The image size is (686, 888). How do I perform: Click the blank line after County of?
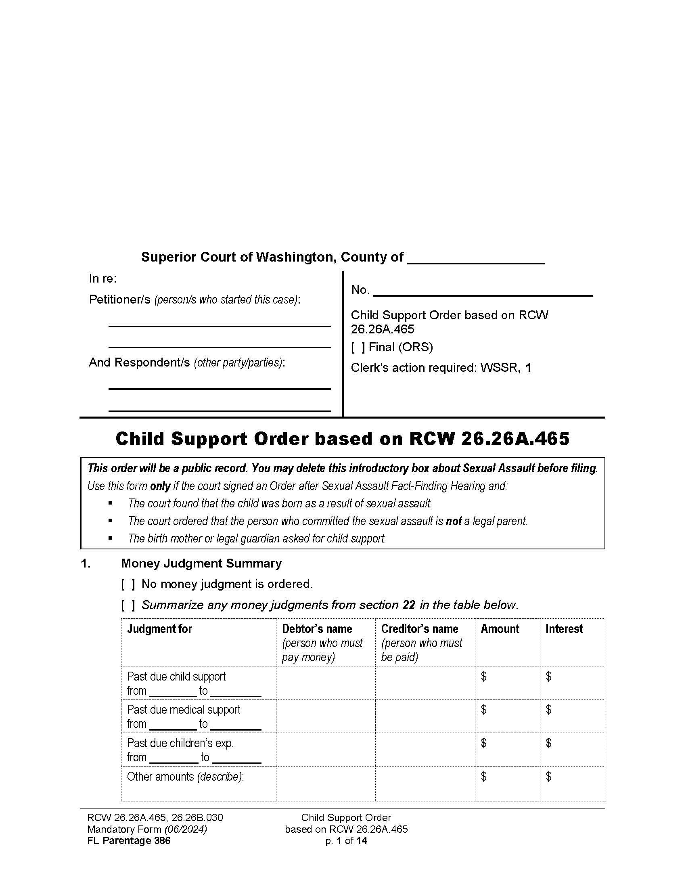pos(475,260)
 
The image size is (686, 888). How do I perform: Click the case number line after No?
pos(483,291)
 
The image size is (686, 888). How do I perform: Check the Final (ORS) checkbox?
pos(358,347)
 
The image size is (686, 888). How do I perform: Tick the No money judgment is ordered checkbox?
pos(128,585)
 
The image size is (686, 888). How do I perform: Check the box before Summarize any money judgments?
pos(128,605)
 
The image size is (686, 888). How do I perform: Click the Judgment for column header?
pos(159,629)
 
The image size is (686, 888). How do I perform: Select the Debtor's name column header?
pos(317,629)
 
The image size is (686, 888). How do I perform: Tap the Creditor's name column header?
pos(419,629)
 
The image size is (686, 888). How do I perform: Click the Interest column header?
pos(564,629)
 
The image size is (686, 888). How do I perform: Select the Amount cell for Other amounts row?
pos(507,783)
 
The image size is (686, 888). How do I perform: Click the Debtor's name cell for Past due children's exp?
pos(326,750)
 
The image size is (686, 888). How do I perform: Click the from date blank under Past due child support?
pos(173,691)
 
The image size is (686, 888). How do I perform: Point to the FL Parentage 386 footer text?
pos(129,841)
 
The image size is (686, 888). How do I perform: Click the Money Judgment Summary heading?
pos(201,563)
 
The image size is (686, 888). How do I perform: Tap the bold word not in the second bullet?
pos(454,521)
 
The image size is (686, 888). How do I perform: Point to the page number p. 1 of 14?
pos(346,841)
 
